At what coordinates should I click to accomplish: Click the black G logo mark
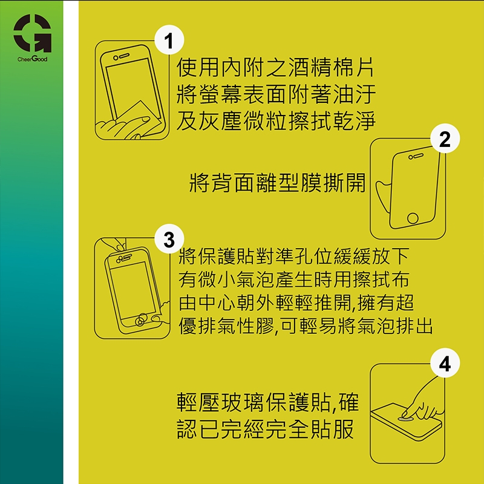point(33,33)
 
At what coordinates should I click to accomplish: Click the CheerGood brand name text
point(33,59)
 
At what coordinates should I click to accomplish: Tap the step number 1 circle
point(169,40)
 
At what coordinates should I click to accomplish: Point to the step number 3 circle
point(169,239)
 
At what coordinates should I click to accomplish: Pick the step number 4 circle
point(445,363)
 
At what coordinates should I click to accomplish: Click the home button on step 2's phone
point(413,218)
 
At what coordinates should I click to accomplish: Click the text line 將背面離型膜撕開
point(277,183)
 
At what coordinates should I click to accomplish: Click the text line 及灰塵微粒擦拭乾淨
point(276,120)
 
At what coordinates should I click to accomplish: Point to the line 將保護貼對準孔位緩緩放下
point(294,256)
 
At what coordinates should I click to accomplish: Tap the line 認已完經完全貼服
point(265,429)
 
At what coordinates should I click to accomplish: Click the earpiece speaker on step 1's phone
point(124,56)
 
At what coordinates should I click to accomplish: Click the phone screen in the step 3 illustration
point(132,291)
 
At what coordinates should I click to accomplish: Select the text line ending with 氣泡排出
point(306,326)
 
